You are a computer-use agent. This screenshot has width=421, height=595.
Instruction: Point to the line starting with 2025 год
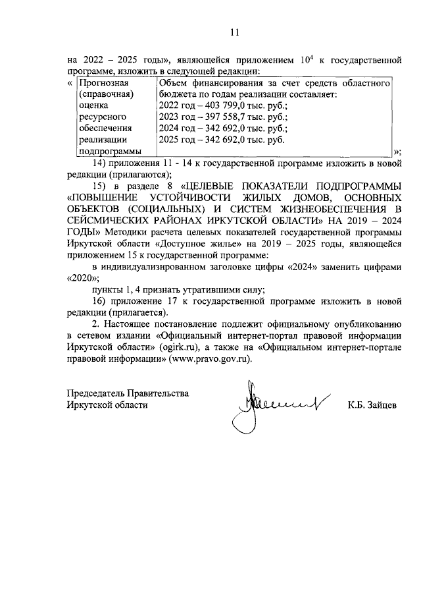pyautogui.click(x=217, y=140)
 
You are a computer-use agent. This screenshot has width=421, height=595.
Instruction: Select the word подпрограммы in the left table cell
pyautogui.click(x=108, y=151)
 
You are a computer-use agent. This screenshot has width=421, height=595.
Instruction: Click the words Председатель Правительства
pyautogui.click(x=128, y=393)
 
